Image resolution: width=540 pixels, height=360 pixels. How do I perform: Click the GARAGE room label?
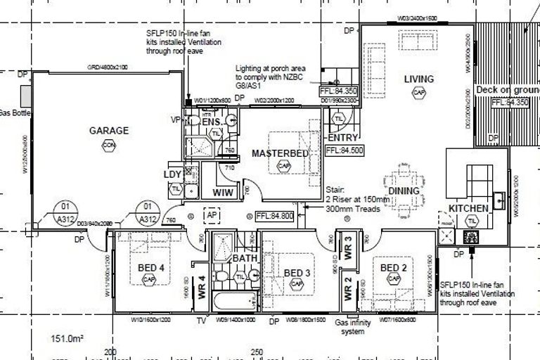[108, 130]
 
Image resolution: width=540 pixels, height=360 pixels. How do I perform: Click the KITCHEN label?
[468, 209]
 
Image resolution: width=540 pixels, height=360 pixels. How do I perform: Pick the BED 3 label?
[297, 273]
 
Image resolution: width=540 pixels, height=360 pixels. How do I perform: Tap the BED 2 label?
[394, 267]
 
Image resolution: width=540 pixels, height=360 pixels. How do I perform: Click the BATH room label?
[245, 259]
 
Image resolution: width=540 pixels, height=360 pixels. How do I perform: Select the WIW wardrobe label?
[224, 191]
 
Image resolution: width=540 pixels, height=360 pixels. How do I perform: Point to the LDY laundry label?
[172, 174]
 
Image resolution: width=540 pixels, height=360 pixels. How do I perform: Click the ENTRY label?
[343, 138]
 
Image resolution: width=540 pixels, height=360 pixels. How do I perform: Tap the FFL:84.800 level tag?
[274, 215]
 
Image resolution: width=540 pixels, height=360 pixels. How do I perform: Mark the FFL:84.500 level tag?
[343, 150]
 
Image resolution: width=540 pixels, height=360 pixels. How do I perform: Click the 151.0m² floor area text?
[67, 339]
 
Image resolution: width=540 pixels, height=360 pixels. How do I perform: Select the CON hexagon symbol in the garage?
[108, 145]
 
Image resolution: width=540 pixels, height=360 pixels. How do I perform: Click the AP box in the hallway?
[210, 214]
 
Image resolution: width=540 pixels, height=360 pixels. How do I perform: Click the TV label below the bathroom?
[200, 321]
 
